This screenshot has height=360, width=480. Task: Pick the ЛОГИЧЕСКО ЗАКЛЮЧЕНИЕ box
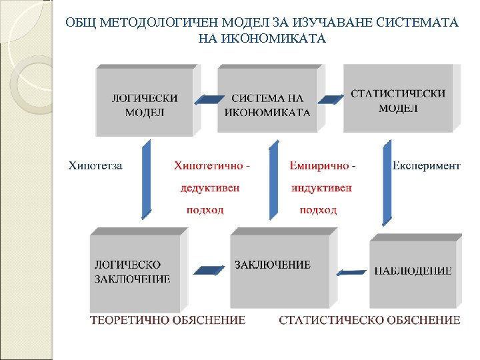tap(134, 272)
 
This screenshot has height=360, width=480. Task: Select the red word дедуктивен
tap(210, 187)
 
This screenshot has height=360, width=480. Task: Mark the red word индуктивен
tap(322, 187)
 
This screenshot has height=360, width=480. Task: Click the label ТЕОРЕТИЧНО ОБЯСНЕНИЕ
tap(167, 321)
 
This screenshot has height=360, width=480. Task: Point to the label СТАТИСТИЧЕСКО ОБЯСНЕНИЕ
tap(369, 321)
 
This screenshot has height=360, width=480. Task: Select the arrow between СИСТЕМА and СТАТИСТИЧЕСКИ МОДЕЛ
tap(331, 99)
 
